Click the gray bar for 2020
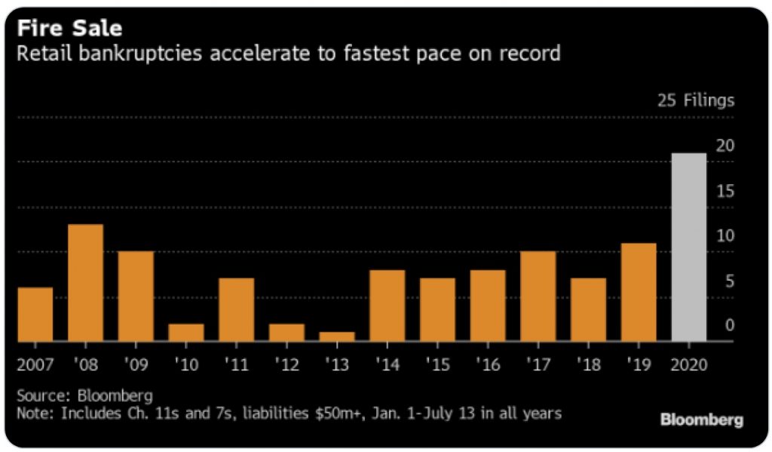coord(688,247)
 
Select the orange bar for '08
coord(85,283)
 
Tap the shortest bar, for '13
coord(336,337)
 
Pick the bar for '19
coord(638,292)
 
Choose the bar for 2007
coord(35,314)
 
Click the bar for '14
coord(387,306)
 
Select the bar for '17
coord(538,296)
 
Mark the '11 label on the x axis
coord(236,364)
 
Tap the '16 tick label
coord(487,364)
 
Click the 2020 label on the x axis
coord(688,364)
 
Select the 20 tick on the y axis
coord(725,146)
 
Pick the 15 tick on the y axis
coord(725,191)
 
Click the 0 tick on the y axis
coord(729,325)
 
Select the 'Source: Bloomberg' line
coord(74,395)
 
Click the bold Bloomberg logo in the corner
coord(701,420)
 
